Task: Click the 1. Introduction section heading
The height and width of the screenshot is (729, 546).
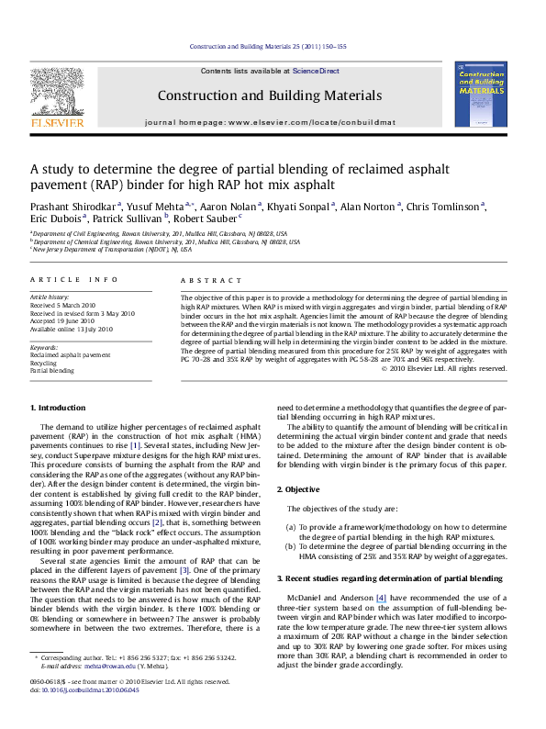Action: point(59,407)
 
